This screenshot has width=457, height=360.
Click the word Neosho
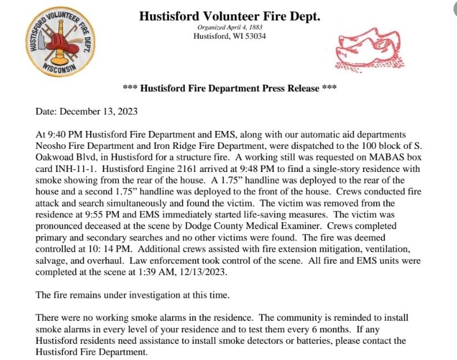tap(50, 145)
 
